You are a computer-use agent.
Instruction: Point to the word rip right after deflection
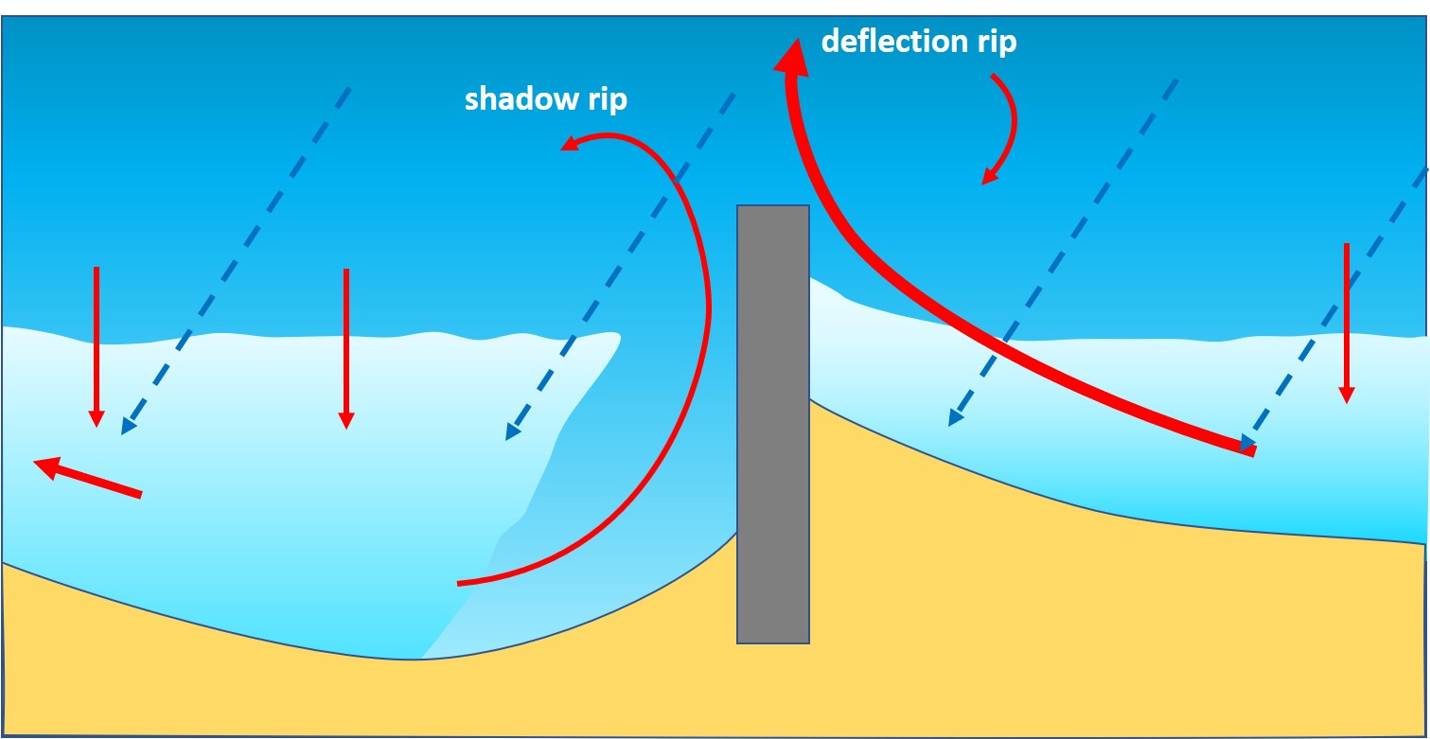point(996,42)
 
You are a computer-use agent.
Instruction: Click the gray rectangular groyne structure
point(772,426)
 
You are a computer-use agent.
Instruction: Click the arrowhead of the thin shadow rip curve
point(569,146)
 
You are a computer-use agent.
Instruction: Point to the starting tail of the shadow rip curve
point(461,583)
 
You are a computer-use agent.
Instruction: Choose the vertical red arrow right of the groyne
point(1346,322)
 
